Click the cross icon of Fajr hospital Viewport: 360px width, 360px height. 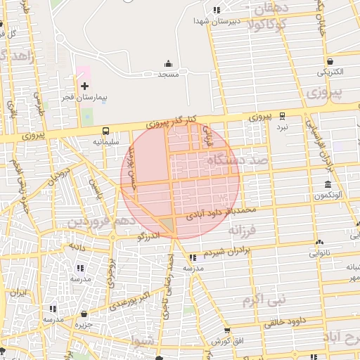(x=85, y=86)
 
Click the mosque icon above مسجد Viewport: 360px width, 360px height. (x=167, y=63)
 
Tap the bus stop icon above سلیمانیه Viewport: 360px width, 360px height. (x=106, y=131)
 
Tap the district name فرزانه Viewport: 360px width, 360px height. (x=244, y=230)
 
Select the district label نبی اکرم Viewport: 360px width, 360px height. (x=264, y=301)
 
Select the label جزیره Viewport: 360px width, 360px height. (x=84, y=325)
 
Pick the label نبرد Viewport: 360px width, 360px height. (x=281, y=127)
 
